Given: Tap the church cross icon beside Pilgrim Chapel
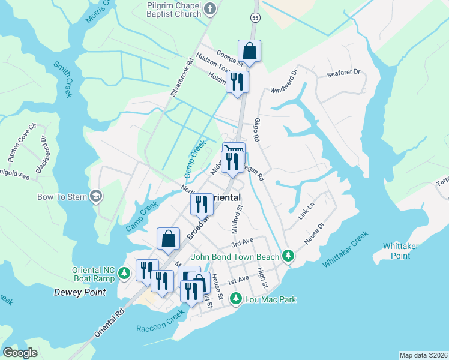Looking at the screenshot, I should click(210, 8).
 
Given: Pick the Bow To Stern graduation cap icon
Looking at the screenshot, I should click(95, 196).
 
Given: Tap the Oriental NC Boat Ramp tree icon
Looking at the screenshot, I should click(124, 274).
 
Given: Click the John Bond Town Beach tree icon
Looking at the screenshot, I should click(288, 256).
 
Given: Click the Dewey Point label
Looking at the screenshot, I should click(80, 292).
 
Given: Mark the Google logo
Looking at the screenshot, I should click(20, 353).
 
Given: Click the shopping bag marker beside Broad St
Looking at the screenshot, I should click(169, 238).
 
